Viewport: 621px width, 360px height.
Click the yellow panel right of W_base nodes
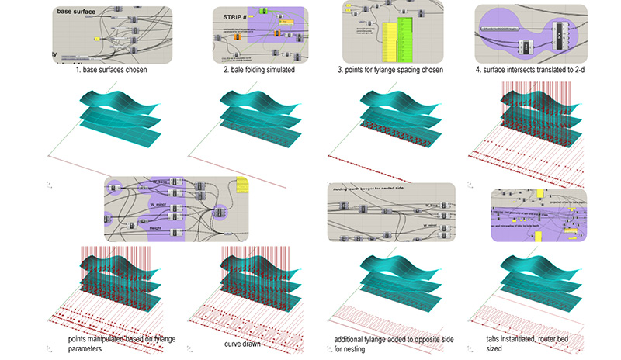click(x=241, y=186)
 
